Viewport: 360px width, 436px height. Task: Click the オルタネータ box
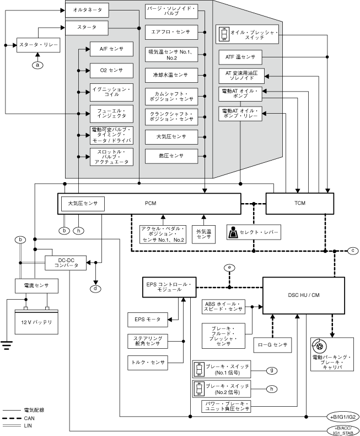coord(87,10)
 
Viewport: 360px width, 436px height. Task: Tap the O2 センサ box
coord(112,70)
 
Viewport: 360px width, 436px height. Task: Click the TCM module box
coord(292,204)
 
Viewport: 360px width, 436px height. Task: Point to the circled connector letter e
coord(229,268)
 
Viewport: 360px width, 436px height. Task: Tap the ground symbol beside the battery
coord(7,345)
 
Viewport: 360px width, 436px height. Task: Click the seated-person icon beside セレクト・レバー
coord(234,233)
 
